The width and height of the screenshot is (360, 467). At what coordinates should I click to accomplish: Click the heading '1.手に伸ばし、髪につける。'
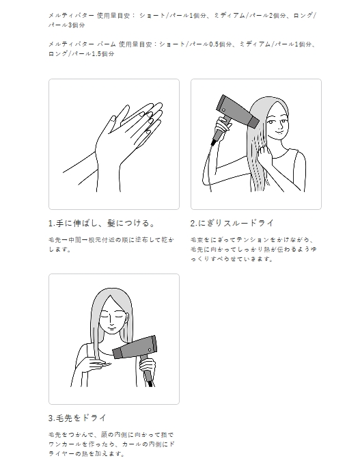[102, 223]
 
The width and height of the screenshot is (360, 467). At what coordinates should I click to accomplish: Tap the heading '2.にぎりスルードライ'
[232, 223]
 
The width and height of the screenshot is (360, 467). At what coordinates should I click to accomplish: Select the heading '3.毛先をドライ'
[77, 418]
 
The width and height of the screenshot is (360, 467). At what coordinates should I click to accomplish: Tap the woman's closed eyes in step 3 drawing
[111, 317]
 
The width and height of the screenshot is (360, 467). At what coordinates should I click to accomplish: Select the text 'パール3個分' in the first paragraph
[67, 25]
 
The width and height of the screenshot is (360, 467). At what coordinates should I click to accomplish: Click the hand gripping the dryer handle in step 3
[148, 367]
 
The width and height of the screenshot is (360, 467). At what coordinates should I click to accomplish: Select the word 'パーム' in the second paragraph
[107, 44]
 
